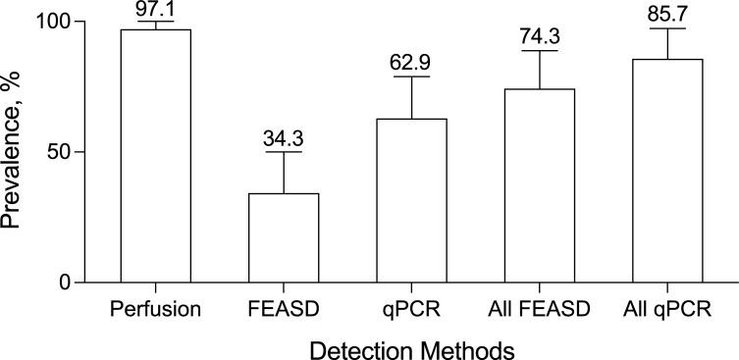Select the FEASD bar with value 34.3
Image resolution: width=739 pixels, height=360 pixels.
tap(284, 238)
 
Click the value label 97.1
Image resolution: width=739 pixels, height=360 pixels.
tap(155, 9)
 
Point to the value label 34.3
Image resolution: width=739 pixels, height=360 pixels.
tap(284, 138)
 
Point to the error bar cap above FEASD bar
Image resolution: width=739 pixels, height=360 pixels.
tap(284, 152)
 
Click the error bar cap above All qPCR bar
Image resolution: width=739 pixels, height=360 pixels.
tap(668, 28)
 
